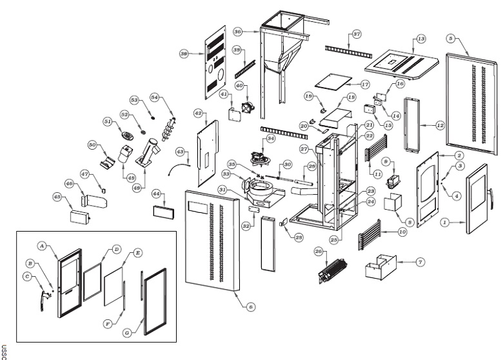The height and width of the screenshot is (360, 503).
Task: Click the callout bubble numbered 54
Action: coord(154,97)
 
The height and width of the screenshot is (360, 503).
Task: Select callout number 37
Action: coord(357,34)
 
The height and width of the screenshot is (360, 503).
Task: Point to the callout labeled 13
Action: coord(421,39)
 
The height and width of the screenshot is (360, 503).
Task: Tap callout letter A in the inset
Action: coord(41,246)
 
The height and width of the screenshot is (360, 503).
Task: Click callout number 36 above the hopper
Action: coord(237,31)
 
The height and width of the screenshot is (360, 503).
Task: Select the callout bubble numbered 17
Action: coord(365,84)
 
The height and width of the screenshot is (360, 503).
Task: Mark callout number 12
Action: coord(440,125)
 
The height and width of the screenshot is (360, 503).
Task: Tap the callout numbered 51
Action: coord(108,121)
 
